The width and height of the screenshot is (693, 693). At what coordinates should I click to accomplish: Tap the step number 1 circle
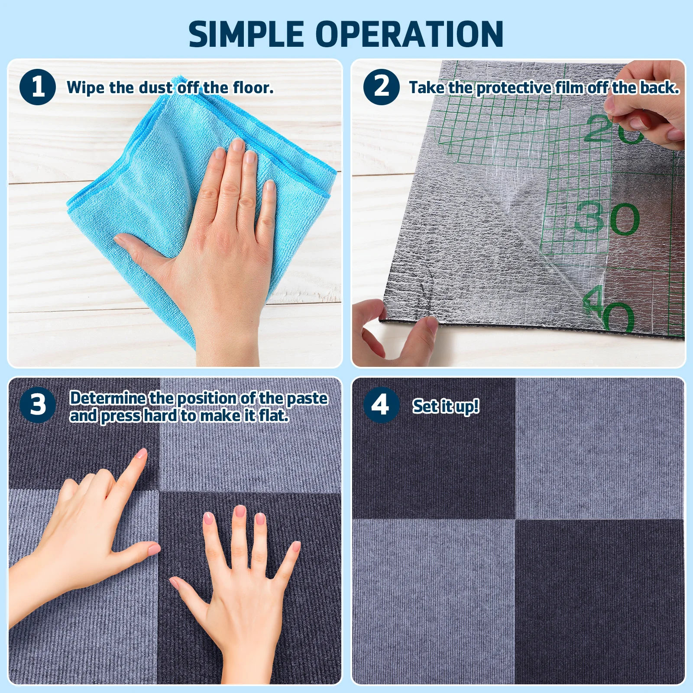point(38,87)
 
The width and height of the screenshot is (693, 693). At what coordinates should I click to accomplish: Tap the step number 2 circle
point(381,87)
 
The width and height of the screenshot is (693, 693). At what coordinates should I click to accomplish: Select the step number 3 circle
point(38,405)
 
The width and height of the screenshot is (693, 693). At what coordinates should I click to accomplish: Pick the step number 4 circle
point(381,405)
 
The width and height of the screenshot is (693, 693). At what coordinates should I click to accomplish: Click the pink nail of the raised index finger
point(142,454)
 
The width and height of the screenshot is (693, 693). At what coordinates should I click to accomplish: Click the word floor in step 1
point(252,88)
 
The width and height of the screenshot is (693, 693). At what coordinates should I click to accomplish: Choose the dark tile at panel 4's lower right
point(600,602)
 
